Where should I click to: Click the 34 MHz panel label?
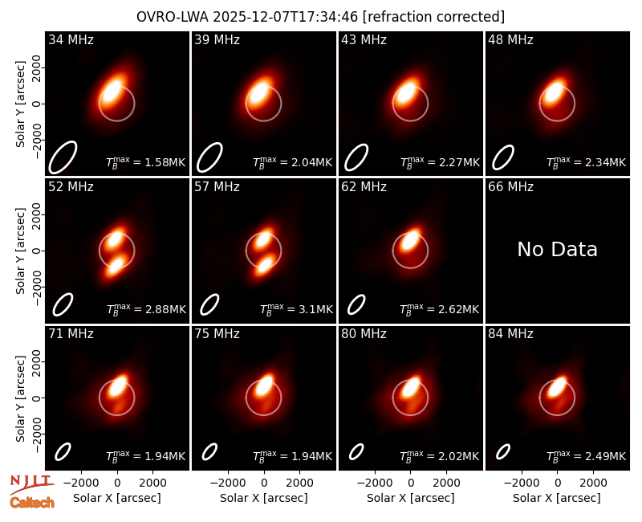click(x=71, y=39)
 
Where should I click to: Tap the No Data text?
click(x=557, y=249)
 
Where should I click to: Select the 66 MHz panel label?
click(x=510, y=187)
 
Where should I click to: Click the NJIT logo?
click(x=32, y=483)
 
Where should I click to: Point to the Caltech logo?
click(x=32, y=503)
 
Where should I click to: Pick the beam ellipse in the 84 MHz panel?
click(x=503, y=452)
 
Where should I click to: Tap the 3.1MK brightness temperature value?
click(x=297, y=309)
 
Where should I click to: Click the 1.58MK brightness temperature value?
click(x=146, y=162)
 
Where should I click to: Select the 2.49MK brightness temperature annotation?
click(x=587, y=456)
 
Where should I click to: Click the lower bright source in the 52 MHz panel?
click(x=115, y=265)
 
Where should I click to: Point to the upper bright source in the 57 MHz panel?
click(x=262, y=238)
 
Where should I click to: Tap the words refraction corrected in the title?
click(x=433, y=17)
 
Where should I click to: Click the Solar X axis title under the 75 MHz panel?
click(x=264, y=498)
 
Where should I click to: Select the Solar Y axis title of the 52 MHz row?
click(x=20, y=251)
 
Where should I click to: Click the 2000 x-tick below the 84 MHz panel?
click(x=593, y=483)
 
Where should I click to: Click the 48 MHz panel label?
click(x=510, y=39)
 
